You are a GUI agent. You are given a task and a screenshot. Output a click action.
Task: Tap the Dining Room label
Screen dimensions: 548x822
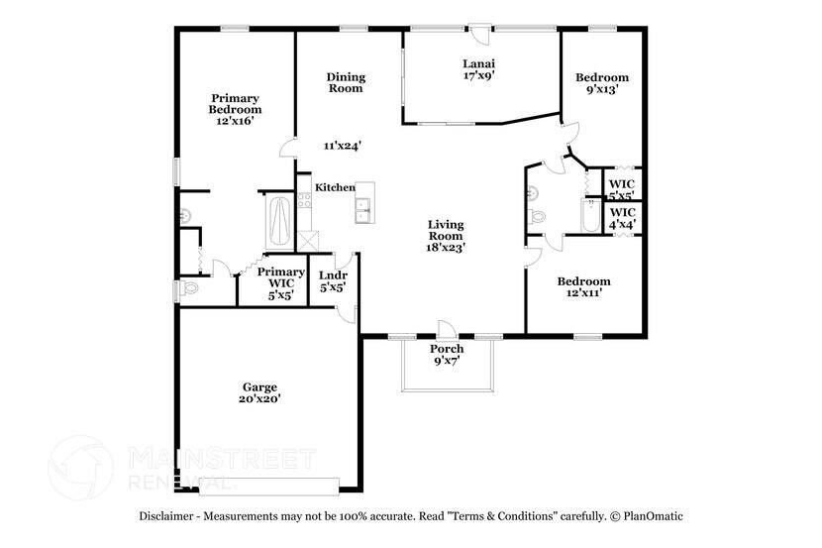(x=346, y=82)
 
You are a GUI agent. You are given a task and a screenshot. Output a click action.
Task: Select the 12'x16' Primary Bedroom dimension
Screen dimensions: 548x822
(x=234, y=121)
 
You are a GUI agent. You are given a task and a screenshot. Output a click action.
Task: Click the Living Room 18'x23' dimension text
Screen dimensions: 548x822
(x=446, y=248)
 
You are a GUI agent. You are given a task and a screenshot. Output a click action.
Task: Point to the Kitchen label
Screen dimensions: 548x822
(x=335, y=187)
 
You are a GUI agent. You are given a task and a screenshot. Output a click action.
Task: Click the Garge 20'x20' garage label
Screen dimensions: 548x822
(x=260, y=392)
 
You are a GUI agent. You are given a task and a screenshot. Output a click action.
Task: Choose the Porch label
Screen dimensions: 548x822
(x=446, y=349)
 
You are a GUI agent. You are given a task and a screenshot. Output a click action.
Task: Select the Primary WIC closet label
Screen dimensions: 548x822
(x=280, y=282)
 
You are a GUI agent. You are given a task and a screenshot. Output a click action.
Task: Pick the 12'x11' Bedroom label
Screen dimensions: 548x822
(x=582, y=286)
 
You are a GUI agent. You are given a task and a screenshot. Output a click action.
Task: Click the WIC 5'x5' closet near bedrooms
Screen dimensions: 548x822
(x=622, y=189)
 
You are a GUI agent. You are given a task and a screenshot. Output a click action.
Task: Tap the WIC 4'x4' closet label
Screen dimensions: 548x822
(x=622, y=218)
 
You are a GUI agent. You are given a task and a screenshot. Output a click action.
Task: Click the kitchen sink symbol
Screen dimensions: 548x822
(x=364, y=207)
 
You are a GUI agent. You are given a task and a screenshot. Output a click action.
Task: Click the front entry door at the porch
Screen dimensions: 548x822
(x=445, y=330)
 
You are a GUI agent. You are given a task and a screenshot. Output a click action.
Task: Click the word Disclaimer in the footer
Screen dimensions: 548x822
(x=167, y=515)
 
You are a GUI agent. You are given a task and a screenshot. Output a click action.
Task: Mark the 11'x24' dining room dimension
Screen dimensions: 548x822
(x=342, y=146)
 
